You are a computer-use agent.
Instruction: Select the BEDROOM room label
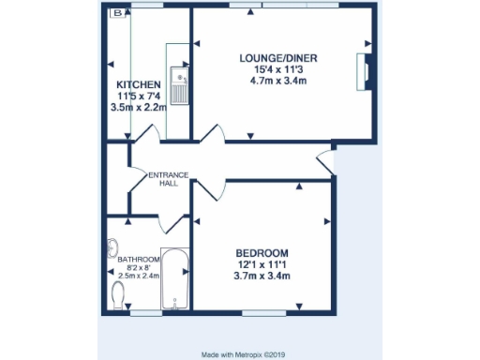(262, 253)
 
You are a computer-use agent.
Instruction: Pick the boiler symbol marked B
(117, 13)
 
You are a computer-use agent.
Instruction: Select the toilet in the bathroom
(117, 295)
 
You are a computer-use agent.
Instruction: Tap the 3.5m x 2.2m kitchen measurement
(138, 108)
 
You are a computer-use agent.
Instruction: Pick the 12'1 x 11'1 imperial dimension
(262, 265)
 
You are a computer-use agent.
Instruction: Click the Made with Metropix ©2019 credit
(240, 354)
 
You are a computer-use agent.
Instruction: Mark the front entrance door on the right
(326, 162)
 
